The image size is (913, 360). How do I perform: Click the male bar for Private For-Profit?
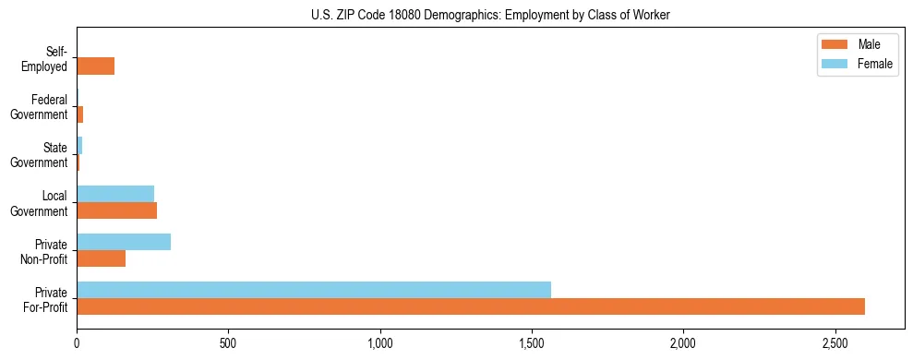tap(471, 306)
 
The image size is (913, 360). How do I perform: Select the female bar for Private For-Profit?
tap(314, 289)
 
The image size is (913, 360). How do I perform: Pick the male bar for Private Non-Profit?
tap(101, 258)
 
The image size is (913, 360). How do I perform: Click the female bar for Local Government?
tap(115, 194)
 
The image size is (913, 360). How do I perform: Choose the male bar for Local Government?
tap(116, 210)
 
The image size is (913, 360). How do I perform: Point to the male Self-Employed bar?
tap(95, 66)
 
